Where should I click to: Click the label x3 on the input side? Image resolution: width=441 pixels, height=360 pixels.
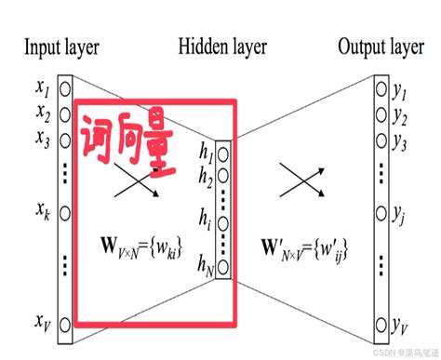pos(43,139)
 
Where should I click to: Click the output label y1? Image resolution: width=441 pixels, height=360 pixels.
pos(401,92)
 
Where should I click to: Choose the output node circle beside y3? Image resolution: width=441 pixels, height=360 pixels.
pos(381,142)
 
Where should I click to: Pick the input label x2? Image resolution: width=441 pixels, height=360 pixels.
pos(43,113)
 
